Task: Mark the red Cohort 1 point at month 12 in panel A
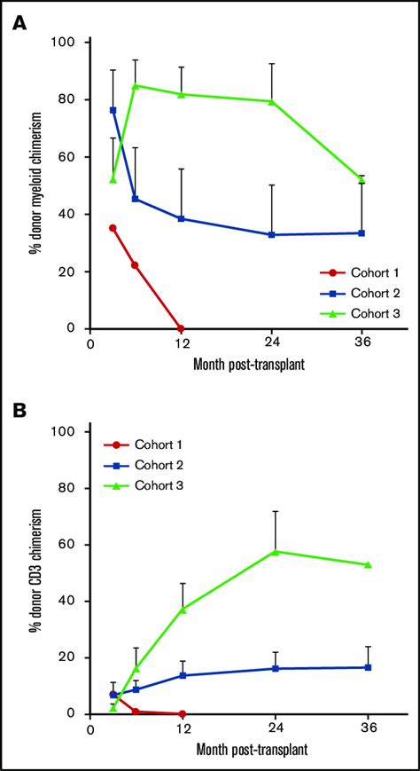(x=181, y=328)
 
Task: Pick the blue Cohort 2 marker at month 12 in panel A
(x=181, y=218)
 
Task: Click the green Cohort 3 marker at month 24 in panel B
(x=275, y=551)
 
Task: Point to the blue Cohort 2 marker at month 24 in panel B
(x=275, y=668)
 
